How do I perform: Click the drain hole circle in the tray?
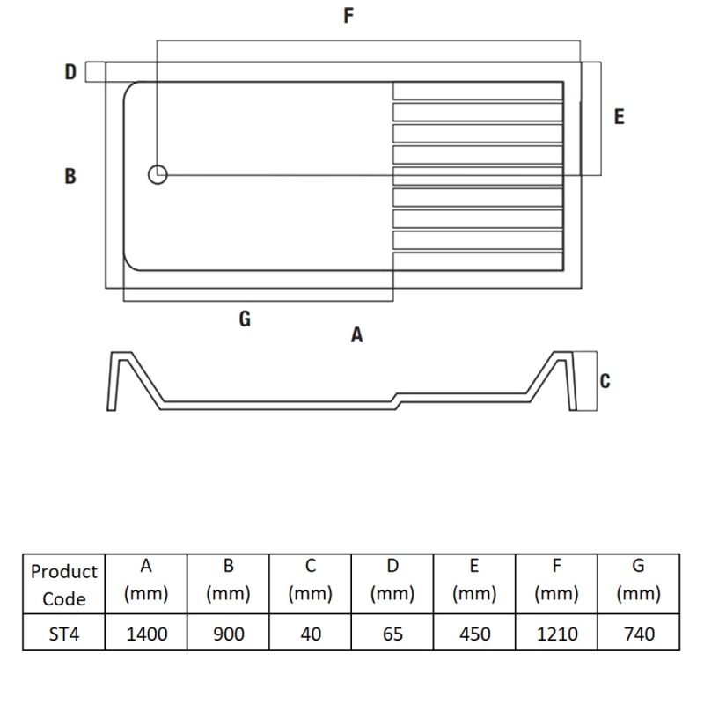[158, 174]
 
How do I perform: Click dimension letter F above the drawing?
[348, 17]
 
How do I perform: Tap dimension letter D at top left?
[70, 72]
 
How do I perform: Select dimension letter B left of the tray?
[70, 176]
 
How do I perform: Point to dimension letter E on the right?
[619, 116]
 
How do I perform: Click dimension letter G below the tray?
[245, 319]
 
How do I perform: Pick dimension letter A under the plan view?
[356, 335]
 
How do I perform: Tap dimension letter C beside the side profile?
[605, 381]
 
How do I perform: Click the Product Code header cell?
[63, 584]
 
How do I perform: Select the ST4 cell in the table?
[63, 633]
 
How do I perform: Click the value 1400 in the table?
[146, 633]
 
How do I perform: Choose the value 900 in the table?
[228, 633]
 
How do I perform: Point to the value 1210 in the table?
[556, 633]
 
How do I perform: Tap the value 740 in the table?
[638, 633]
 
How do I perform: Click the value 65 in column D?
[392, 633]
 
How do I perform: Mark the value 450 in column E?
[474, 633]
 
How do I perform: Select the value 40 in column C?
[311, 633]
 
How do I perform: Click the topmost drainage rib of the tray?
[477, 91]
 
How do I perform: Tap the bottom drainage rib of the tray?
[477, 260]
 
